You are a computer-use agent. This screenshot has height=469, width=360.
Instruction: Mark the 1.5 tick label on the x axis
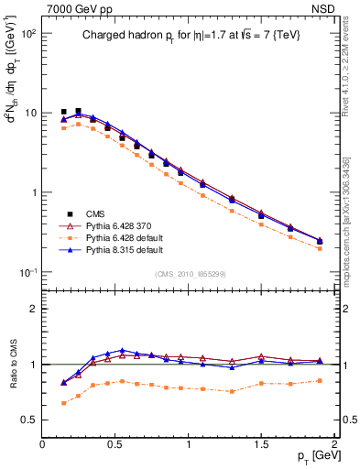pos(261,444)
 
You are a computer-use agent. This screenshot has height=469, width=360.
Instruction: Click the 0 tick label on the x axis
pos(42,444)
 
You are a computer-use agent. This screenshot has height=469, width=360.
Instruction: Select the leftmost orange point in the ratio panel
pos(63,403)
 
